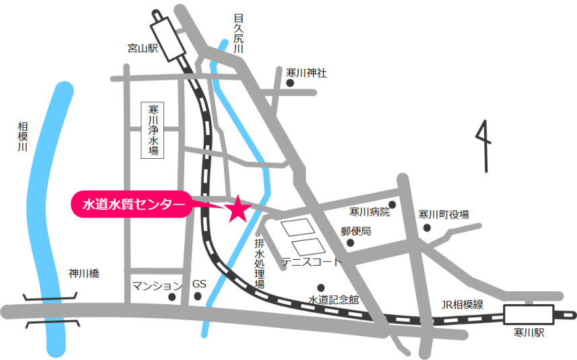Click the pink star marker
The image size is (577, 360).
pyautogui.click(x=237, y=210)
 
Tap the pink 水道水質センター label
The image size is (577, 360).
pyautogui.click(x=132, y=204)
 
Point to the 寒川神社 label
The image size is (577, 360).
pyautogui.click(x=306, y=73)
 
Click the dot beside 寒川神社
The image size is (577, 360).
pyautogui.click(x=290, y=83)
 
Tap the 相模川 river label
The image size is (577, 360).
pyautogui.click(x=23, y=140)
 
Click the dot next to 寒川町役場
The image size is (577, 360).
pyautogui.click(x=426, y=227)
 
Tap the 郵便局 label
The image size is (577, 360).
pyautogui.click(x=356, y=231)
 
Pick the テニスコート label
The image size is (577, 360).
pyautogui.click(x=311, y=262)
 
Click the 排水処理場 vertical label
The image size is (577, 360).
pyautogui.click(x=260, y=264)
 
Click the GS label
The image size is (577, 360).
pyautogui.click(x=199, y=284)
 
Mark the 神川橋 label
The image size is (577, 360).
pyautogui.click(x=84, y=274)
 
